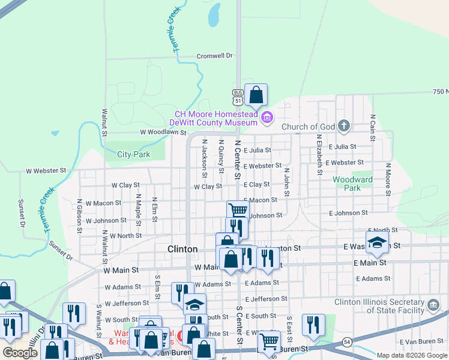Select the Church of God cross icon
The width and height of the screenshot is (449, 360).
(x=343, y=125)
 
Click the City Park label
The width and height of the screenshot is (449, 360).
(x=133, y=154)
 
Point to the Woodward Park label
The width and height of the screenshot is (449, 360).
(x=353, y=183)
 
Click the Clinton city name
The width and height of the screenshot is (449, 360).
(x=182, y=249)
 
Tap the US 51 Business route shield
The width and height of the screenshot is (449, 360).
(x=238, y=97)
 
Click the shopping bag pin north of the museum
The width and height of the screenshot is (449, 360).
(x=256, y=95)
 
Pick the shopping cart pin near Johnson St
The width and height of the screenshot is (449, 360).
(x=238, y=210)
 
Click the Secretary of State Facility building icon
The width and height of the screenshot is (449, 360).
(x=433, y=306)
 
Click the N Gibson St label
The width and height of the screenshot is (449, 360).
(x=79, y=212)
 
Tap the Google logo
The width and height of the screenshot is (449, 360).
(x=20, y=353)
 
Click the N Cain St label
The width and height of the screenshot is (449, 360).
(x=373, y=128)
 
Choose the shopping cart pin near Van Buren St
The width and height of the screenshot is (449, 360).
(x=269, y=341)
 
